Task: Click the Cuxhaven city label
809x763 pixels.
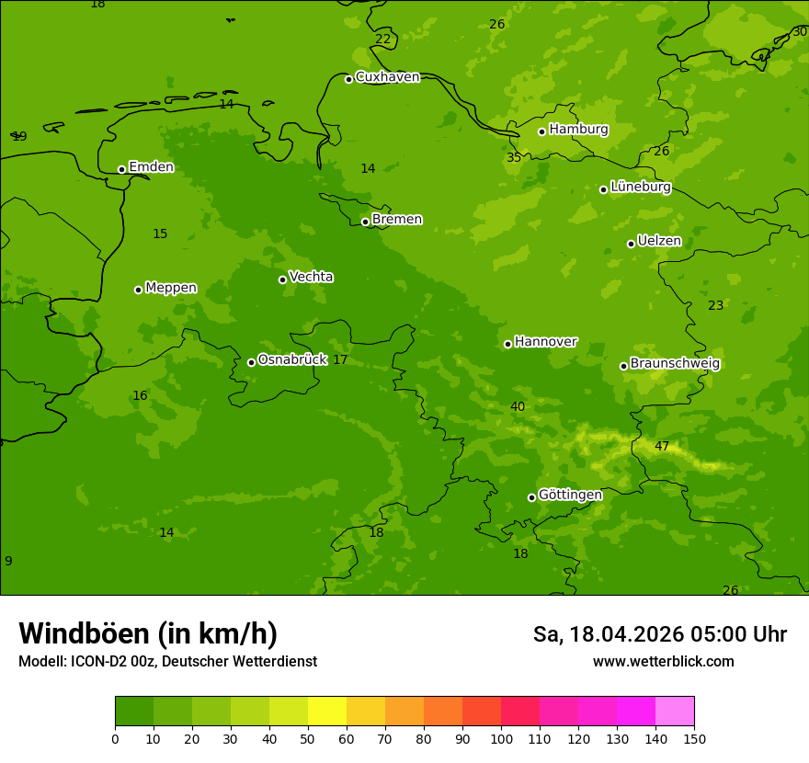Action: click(387, 77)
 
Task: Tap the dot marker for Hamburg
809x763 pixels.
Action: click(542, 131)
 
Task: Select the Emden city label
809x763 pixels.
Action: click(151, 167)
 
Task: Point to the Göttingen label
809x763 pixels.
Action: click(570, 495)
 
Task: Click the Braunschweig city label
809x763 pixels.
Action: click(675, 364)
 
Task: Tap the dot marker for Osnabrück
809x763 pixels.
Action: click(251, 362)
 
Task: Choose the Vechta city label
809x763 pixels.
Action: click(311, 277)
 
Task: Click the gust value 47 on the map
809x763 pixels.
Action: click(662, 447)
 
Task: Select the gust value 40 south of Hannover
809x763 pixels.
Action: click(518, 407)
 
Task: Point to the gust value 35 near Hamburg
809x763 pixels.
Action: click(514, 158)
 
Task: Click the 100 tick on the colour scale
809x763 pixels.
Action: click(501, 738)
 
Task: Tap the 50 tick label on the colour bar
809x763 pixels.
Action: click(308, 738)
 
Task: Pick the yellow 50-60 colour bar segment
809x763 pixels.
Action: click(327, 712)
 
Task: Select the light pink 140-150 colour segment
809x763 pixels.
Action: click(675, 712)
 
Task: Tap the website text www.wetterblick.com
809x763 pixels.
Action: click(663, 662)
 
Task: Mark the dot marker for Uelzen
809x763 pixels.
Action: click(631, 244)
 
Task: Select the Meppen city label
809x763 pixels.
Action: click(171, 288)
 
